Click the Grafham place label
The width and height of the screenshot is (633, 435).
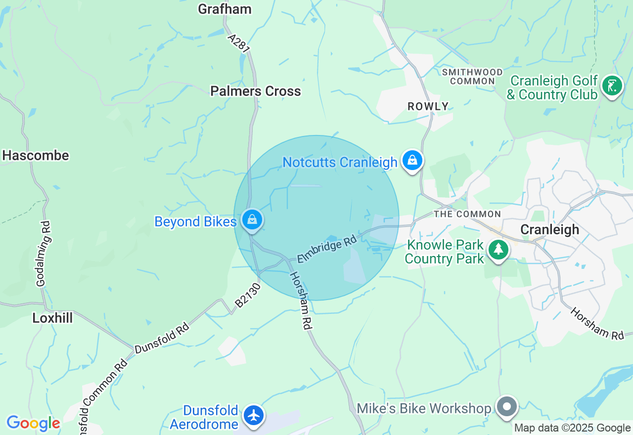coord(225,9)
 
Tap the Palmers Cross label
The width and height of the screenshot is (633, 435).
coord(255,91)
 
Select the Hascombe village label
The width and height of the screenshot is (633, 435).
coord(35,155)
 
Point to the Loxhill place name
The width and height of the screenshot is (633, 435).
coord(52,318)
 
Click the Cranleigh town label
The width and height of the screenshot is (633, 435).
coord(549,229)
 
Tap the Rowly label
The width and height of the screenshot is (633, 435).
coord(428,106)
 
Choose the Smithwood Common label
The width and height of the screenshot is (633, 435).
coord(472,77)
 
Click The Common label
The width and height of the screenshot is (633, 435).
coord(467,214)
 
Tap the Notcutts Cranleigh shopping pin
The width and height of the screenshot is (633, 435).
coord(411,161)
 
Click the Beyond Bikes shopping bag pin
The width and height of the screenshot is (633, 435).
coord(252,219)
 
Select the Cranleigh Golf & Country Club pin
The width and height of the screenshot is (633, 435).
coord(612,87)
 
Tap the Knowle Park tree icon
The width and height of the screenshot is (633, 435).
coord(498,250)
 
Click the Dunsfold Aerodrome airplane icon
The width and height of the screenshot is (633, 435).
coord(254,415)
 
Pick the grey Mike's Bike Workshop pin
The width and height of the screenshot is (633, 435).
coord(507,407)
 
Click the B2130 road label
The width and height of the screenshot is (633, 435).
coord(247,296)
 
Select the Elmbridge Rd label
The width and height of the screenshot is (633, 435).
coord(327,250)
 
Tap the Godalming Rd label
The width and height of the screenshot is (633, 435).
coord(44,261)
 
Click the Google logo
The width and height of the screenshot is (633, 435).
coord(33,423)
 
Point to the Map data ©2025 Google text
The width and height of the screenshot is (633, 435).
coord(572,428)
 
